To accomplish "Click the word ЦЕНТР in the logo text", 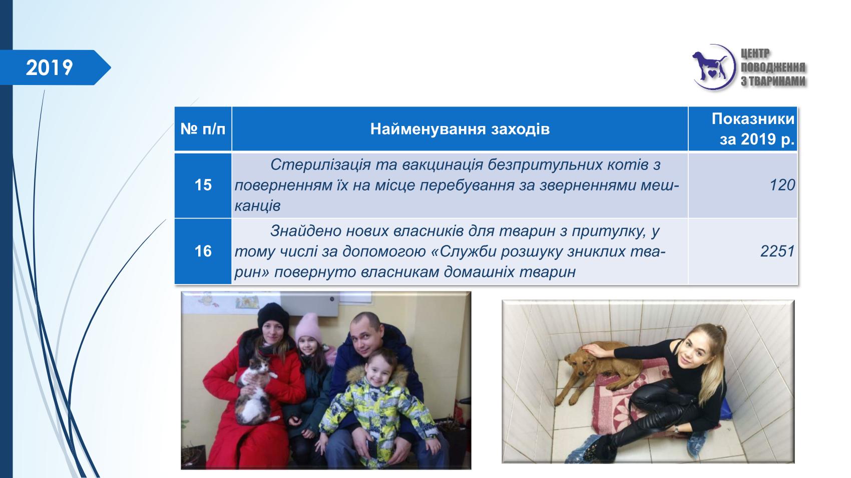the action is click(x=755, y=54).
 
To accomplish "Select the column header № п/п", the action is click(x=203, y=129).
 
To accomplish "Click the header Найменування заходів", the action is click(x=460, y=129).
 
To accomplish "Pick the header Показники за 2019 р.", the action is click(x=753, y=129).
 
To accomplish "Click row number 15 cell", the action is click(x=203, y=185).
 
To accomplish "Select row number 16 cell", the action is click(x=203, y=251).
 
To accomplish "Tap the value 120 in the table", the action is click(x=782, y=185).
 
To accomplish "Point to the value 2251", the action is click(x=778, y=251).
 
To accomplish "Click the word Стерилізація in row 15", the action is click(x=321, y=164).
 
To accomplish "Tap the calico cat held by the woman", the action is click(x=255, y=390).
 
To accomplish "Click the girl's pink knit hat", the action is click(x=308, y=327).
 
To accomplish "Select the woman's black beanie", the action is click(x=273, y=315).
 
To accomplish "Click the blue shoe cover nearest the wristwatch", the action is click(x=697, y=443).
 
